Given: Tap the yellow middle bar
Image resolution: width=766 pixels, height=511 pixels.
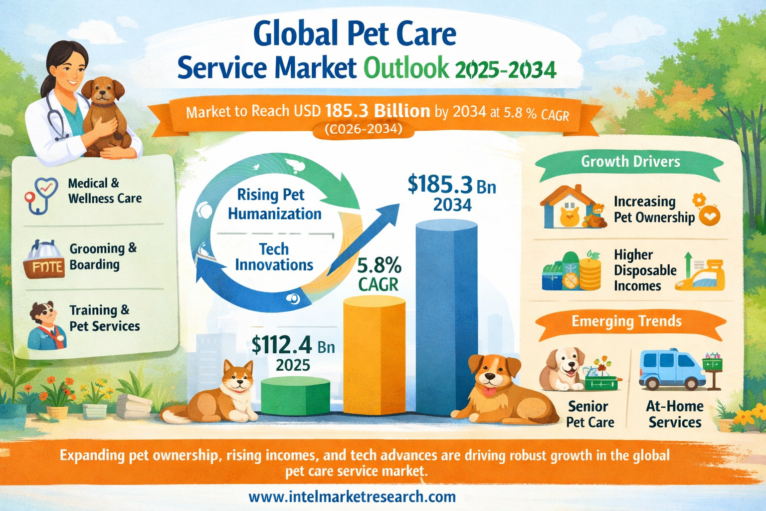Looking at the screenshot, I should point(374,354).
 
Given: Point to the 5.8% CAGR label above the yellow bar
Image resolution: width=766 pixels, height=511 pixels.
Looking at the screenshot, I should point(379,274).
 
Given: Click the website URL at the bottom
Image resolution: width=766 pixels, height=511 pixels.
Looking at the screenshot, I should point(352,497).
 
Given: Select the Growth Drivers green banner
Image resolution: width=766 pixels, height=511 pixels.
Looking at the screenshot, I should point(630,162).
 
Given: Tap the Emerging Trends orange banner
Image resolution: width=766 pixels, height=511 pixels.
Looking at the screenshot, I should point(626,321).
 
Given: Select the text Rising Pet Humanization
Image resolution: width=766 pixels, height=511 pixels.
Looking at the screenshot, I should point(274,204).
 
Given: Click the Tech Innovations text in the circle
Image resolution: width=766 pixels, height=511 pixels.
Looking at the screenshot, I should point(274,256).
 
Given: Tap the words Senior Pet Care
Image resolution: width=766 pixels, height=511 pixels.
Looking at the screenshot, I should point(589,414).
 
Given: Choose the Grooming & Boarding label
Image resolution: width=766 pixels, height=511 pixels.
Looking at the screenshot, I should point(102,256).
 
